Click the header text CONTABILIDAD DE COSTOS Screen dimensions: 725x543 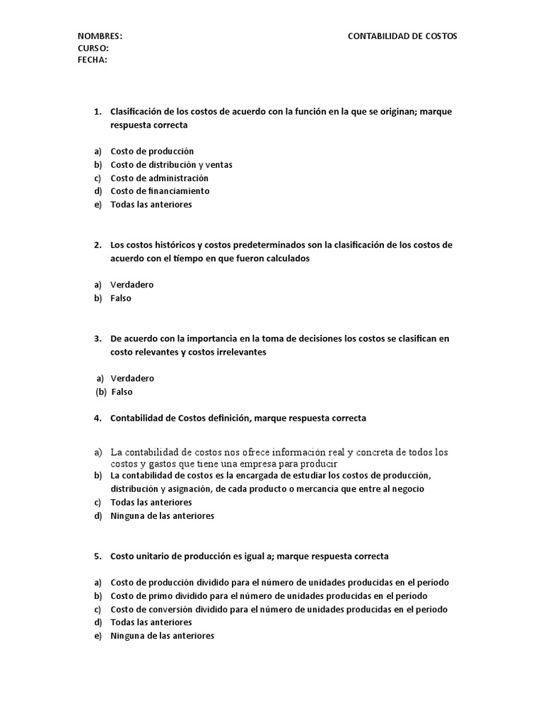pos(402,36)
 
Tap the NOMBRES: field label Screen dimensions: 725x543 pos(100,36)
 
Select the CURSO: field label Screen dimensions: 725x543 pos(93,48)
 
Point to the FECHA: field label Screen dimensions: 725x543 pos(93,59)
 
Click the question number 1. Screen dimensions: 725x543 pos(97,111)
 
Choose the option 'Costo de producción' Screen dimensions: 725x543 pos(152,151)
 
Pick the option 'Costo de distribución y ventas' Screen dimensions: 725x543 pos(171,164)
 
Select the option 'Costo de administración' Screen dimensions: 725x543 pos(159,178)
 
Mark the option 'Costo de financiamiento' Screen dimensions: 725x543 pos(160,191)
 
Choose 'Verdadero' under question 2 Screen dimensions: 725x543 pos(132,285)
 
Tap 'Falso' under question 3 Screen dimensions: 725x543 pos(122,392)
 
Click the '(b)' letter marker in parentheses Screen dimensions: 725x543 pos(101,392)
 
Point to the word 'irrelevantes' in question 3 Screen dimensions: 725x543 pos(242,352)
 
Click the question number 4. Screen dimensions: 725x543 pos(97,418)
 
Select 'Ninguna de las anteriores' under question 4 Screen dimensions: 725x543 pos(162,515)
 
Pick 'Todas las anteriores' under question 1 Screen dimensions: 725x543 pos(151,205)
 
